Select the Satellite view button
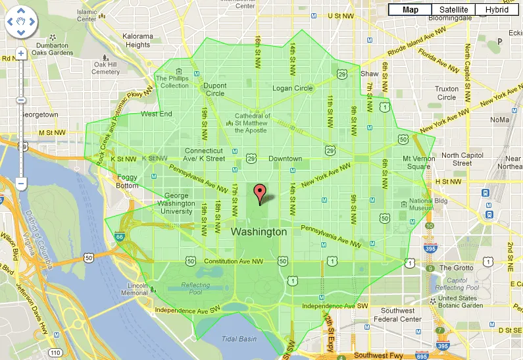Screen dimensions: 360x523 click(453, 10)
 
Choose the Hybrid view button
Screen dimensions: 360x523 click(497, 10)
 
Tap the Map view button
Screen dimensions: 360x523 click(411, 10)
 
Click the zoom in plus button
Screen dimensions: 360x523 click(21, 53)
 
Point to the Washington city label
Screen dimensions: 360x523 click(259, 232)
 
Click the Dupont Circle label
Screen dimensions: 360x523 click(214, 90)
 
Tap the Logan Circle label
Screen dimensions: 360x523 click(293, 89)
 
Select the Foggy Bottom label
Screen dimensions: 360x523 click(127, 181)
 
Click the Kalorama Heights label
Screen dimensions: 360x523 click(137, 41)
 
